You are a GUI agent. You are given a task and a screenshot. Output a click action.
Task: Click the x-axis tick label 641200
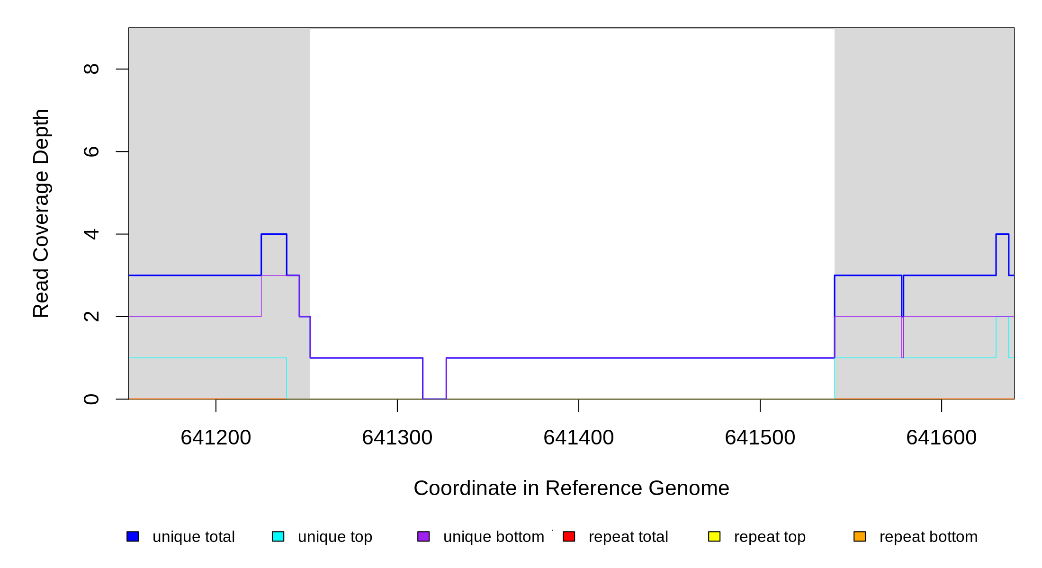coord(216,438)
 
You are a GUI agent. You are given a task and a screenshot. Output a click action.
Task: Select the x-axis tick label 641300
coord(397,438)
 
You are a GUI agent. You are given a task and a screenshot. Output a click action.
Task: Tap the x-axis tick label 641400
coord(578,438)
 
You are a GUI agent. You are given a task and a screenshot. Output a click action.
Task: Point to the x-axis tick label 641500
coord(760,438)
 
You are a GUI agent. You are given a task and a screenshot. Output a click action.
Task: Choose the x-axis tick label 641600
coord(941,438)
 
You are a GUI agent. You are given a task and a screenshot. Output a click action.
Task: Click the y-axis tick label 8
coord(91,69)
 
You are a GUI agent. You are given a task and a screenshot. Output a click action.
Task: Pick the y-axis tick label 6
coord(91,151)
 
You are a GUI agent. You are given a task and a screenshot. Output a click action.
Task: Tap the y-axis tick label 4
coord(91,234)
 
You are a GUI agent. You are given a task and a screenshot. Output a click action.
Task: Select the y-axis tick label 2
coord(91,316)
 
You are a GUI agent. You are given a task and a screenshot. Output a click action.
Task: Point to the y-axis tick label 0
coord(91,399)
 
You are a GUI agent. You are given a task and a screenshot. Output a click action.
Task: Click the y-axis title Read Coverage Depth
coord(41,213)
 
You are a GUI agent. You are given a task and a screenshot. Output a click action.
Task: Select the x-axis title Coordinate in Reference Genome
coord(571,488)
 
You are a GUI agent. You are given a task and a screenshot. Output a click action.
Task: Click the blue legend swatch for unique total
coord(133,536)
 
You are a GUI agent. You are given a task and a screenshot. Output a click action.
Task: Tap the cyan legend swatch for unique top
coord(278,536)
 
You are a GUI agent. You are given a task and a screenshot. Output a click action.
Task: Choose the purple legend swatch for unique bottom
coord(423,536)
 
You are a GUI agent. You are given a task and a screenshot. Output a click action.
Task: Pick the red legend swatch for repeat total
coord(569,536)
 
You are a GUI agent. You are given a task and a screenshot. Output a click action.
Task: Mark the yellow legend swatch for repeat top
coord(714,536)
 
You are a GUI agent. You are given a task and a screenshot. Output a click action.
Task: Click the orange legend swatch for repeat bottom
coord(860,536)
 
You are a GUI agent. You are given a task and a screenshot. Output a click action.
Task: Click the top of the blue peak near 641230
coord(274,234)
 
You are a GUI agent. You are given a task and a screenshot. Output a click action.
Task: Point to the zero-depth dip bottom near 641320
coord(434,399)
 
